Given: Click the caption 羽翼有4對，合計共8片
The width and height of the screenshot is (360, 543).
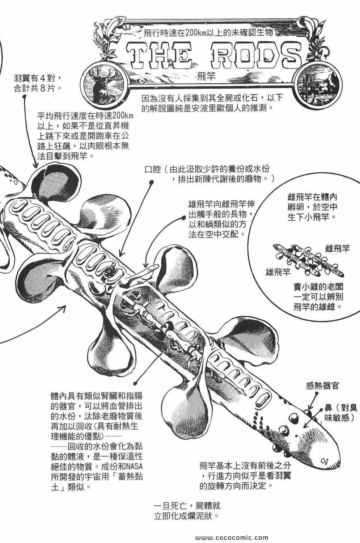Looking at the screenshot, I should click(x=40, y=83).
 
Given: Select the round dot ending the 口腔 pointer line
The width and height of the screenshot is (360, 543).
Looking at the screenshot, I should click(x=149, y=184).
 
